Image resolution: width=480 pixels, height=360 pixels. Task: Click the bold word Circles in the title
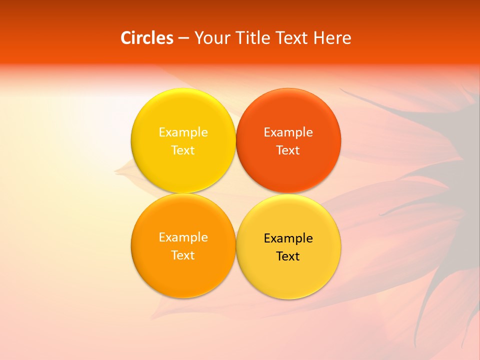click(x=147, y=38)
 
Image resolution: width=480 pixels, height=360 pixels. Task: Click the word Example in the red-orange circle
click(x=288, y=132)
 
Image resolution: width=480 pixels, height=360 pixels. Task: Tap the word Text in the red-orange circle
click(x=288, y=150)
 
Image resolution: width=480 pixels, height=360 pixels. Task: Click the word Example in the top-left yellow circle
click(x=183, y=132)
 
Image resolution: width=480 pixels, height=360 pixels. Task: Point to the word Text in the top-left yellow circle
click(x=183, y=150)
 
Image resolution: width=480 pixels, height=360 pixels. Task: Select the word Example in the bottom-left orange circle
click(x=183, y=237)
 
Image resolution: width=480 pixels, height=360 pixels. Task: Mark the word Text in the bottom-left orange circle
click(x=183, y=255)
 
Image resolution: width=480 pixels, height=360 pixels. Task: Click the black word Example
click(x=288, y=238)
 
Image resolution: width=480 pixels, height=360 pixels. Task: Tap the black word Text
click(x=288, y=256)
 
